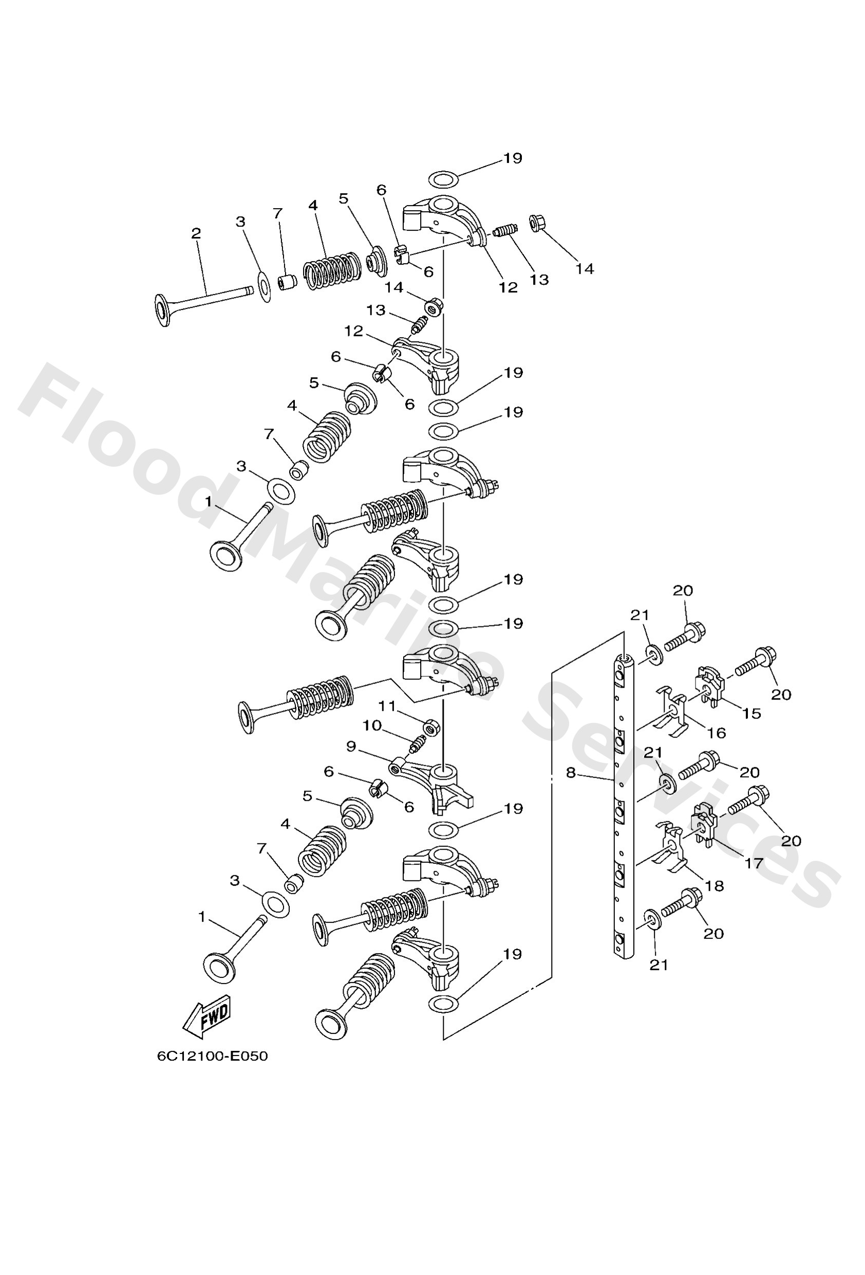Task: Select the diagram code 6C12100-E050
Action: tap(212, 1056)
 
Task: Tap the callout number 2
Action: tap(196, 233)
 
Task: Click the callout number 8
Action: tap(571, 772)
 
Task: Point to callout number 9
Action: tap(351, 746)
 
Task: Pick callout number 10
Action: tap(372, 725)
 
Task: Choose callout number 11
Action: tap(387, 706)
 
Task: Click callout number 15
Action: tap(752, 713)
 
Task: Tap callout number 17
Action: tap(754, 863)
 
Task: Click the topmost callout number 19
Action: tap(513, 158)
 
